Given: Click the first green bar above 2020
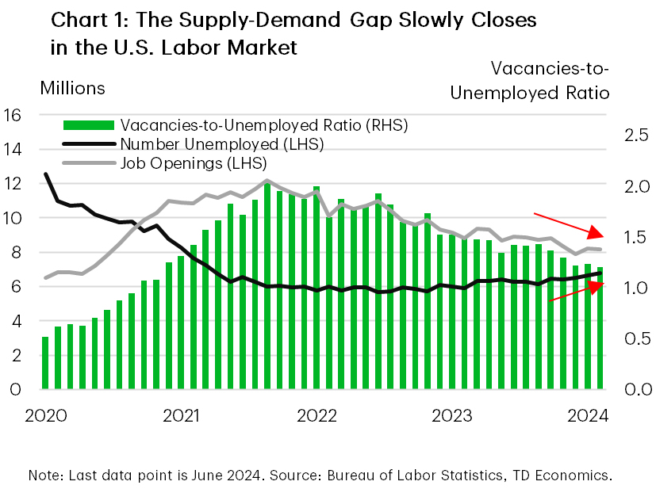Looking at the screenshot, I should pos(45,363).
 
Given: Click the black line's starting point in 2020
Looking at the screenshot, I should pos(45,174).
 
